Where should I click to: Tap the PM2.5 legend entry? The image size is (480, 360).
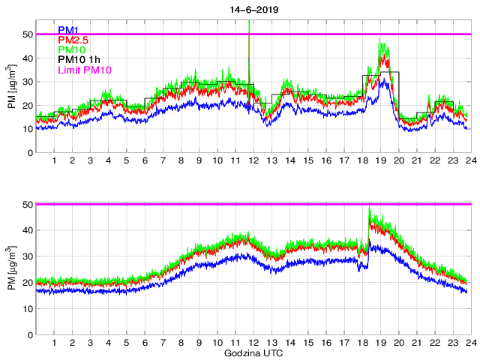tap(73, 40)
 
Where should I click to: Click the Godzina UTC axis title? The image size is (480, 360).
tap(253, 352)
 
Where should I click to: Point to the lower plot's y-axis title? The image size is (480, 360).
tap(11, 269)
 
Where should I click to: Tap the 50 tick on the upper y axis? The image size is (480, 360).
tap(26, 34)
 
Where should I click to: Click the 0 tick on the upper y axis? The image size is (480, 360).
tap(29, 152)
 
